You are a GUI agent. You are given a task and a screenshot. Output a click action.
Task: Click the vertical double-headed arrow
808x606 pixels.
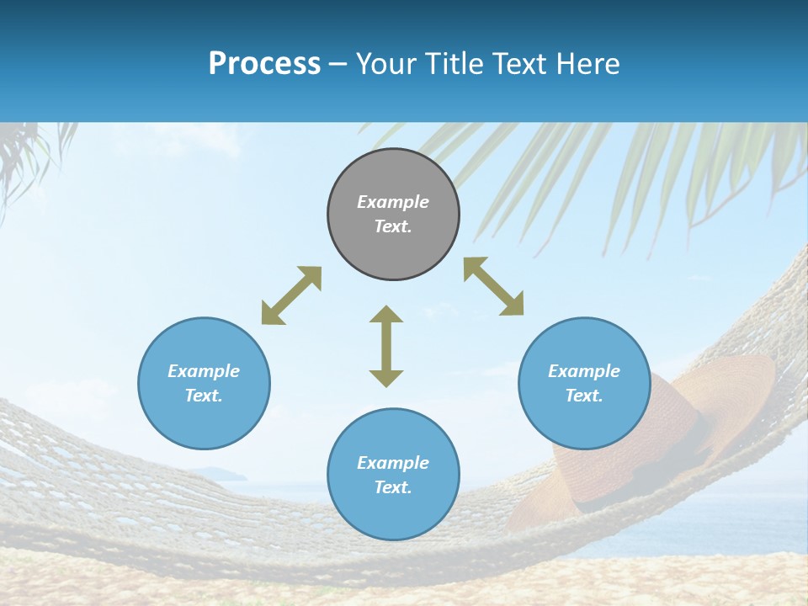[386, 347]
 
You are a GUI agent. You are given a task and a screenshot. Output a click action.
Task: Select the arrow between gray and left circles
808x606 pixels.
[291, 295]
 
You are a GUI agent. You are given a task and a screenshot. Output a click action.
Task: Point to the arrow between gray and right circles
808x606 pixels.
[494, 286]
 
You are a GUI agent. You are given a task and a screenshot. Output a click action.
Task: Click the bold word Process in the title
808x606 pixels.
[264, 64]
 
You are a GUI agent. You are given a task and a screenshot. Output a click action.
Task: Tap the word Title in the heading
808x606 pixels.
[454, 64]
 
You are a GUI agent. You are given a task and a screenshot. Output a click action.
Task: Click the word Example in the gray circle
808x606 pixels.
[393, 202]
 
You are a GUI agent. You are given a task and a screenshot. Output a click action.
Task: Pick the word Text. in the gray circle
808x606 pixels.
[393, 226]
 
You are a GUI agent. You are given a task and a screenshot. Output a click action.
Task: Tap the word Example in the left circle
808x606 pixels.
[204, 371]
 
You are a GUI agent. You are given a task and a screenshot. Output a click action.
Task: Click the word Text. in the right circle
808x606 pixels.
[584, 396]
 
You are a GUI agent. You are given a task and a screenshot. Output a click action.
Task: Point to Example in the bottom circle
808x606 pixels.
[393, 463]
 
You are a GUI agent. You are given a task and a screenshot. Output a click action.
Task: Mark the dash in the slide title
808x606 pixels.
[338, 65]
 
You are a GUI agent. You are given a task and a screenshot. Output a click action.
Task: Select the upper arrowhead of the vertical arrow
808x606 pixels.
[386, 314]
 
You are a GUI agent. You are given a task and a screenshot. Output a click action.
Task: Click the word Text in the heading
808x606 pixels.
[518, 64]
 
